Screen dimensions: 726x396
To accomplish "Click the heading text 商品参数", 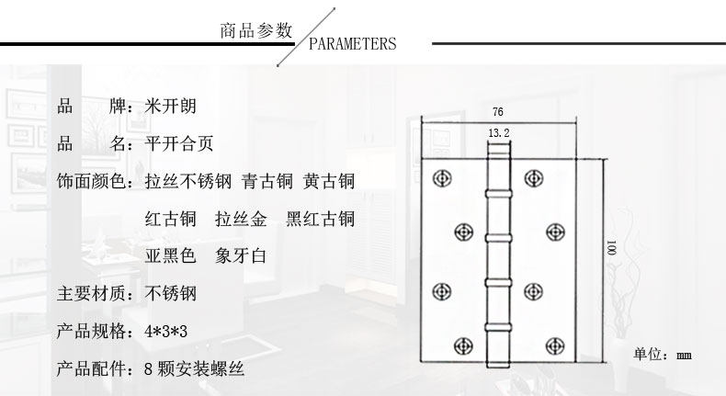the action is point(255,31).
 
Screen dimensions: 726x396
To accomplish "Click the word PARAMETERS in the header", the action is point(352,44).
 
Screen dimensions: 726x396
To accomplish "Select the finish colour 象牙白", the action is point(242,256).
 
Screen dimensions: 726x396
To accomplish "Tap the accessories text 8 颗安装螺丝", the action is point(195,369).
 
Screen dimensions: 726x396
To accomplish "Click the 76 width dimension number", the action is point(497,112).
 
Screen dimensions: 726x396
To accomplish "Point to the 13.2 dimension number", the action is point(497,134).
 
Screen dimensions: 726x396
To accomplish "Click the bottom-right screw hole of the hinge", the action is point(553,345).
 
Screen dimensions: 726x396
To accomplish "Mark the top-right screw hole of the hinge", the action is point(532,177).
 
